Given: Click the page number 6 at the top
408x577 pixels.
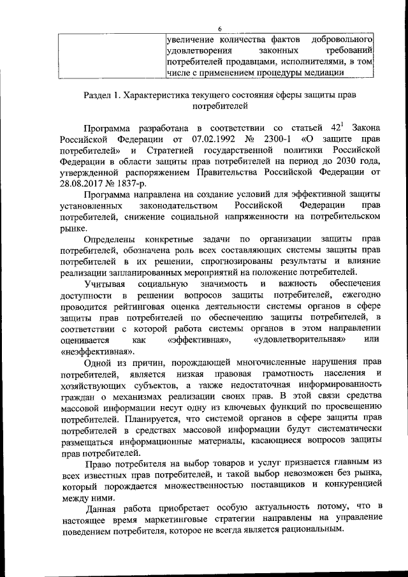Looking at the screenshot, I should click(x=218, y=28).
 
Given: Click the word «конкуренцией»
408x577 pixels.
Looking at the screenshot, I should click(x=352, y=485).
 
